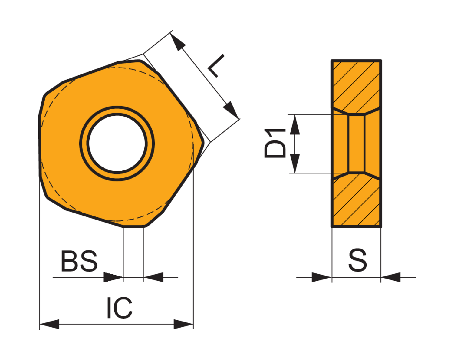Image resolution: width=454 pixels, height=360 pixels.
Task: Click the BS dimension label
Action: (79, 261)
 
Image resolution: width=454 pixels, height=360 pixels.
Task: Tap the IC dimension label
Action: (120, 308)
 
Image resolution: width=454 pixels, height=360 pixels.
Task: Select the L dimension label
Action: (216, 66)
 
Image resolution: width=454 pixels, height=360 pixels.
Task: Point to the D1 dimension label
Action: (275, 143)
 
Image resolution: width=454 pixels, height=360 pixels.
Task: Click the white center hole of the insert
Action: (117, 143)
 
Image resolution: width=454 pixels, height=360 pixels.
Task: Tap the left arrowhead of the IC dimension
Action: (50, 324)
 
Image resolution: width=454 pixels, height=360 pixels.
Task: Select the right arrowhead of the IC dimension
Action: (183, 324)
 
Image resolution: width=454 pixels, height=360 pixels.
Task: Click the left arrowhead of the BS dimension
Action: (113, 277)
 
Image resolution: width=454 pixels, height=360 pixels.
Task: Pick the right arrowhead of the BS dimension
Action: (153, 277)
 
